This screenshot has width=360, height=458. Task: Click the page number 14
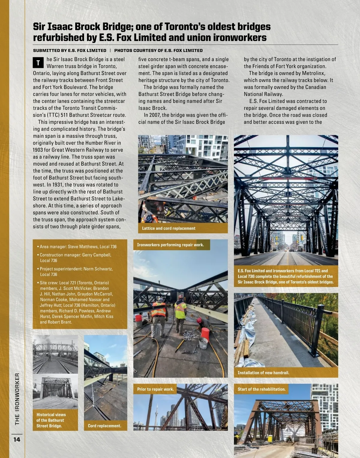coord(17,439)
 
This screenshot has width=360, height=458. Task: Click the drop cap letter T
coord(38,63)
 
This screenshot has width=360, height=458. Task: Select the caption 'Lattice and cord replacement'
coord(169,228)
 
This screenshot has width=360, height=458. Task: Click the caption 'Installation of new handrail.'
coord(263,373)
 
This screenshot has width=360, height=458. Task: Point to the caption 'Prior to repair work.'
coord(155,389)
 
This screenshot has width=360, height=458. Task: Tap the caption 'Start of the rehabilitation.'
coord(261,389)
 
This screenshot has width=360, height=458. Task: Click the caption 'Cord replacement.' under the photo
coord(104,426)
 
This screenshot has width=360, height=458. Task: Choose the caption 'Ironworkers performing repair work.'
coord(170,245)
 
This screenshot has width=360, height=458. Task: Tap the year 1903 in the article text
coord(39,150)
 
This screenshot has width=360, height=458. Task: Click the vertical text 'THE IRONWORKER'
coord(17,399)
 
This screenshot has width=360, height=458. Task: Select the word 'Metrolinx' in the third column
coord(312,73)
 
